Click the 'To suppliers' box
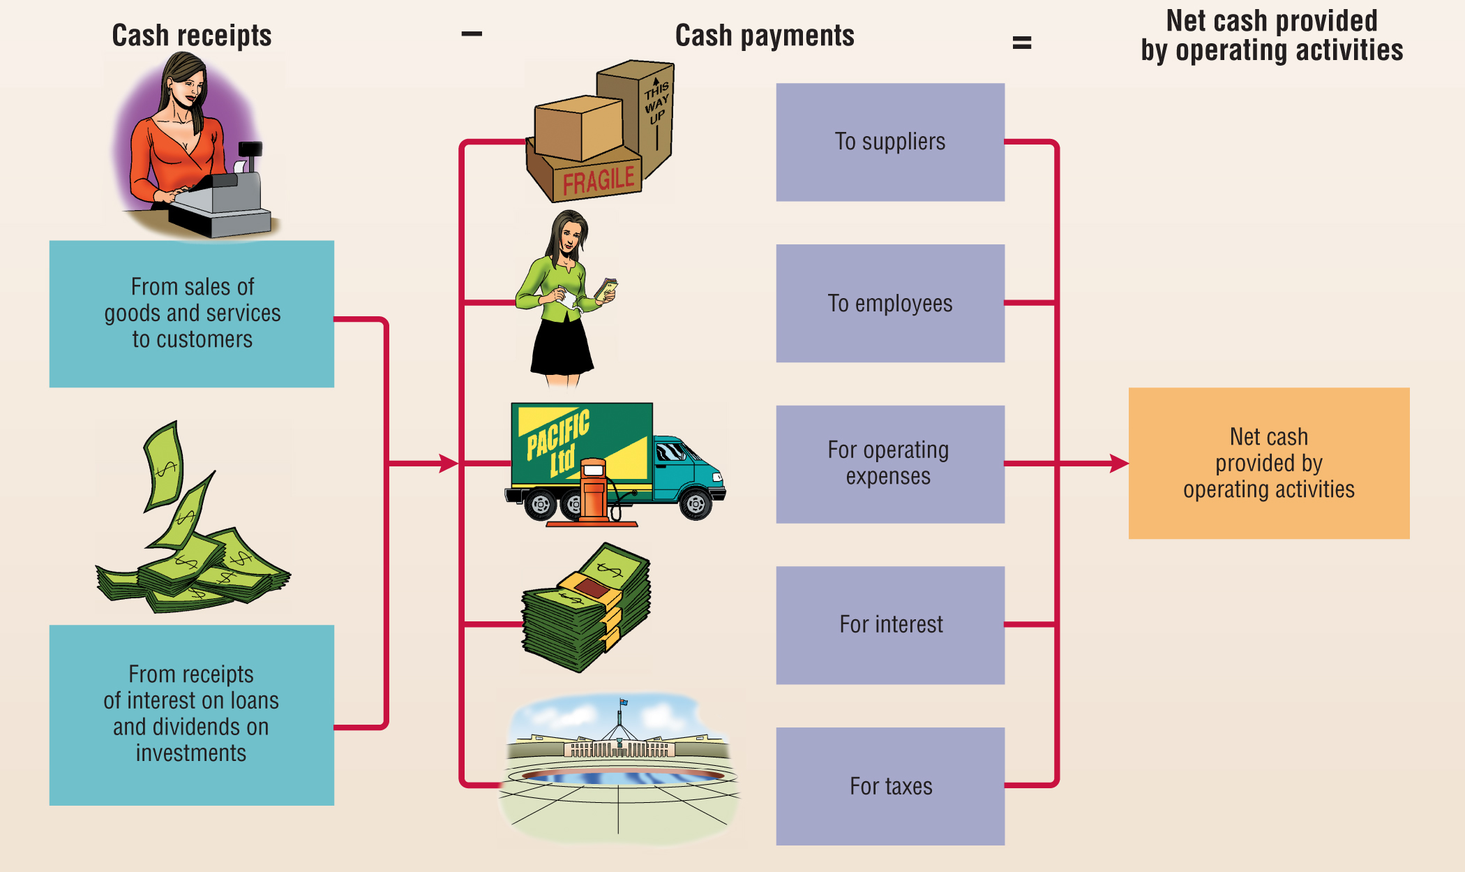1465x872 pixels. click(890, 142)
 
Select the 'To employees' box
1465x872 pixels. click(890, 303)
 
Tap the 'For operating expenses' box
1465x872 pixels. click(890, 464)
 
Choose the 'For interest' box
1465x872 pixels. click(890, 625)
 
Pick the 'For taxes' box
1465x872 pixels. click(890, 786)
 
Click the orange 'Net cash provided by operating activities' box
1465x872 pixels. click(1269, 463)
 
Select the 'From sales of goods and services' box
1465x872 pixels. click(192, 313)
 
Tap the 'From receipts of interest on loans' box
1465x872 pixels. click(192, 715)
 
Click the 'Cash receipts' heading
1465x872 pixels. click(192, 36)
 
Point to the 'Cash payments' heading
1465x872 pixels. click(765, 36)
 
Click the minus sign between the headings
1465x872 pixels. click(472, 34)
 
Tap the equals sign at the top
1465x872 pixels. click(1022, 43)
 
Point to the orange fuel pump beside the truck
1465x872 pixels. click(594, 492)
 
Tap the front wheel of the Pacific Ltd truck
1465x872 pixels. click(696, 503)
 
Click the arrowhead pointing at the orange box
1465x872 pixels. click(1119, 463)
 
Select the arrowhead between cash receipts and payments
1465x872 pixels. click(449, 463)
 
